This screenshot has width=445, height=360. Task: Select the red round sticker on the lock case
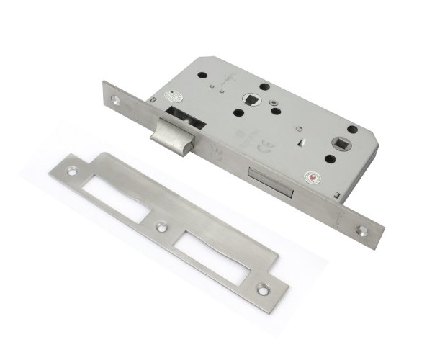[x=313, y=178]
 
